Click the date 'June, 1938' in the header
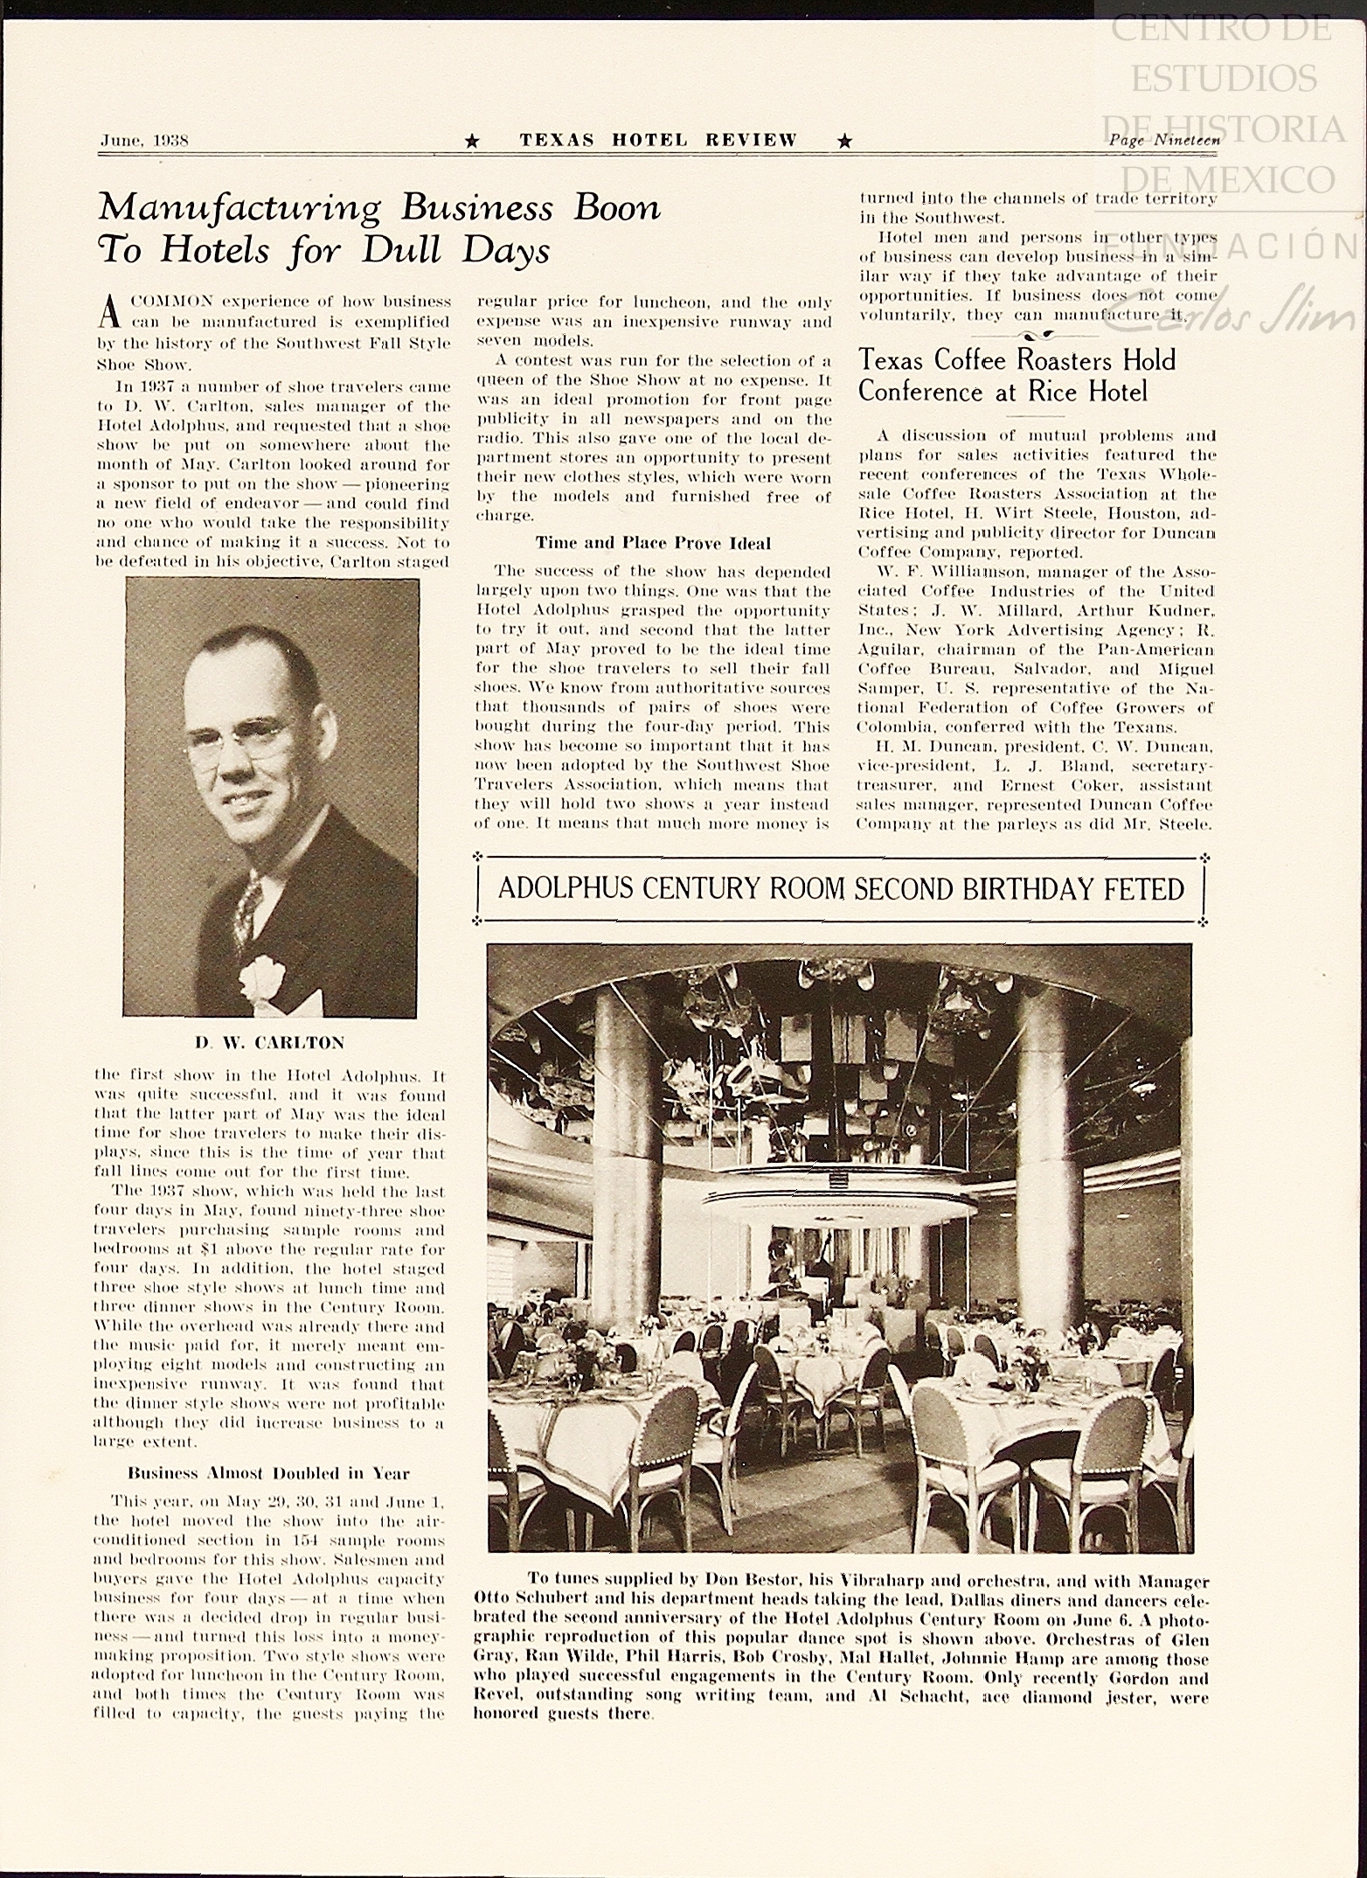tap(144, 140)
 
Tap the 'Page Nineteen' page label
tap(1162, 139)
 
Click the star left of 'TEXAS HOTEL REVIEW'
tap(472, 141)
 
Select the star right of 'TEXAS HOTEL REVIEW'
tap(844, 141)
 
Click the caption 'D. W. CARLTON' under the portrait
tap(270, 1042)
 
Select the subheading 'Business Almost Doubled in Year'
tap(269, 1473)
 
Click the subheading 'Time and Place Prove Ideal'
tap(653, 543)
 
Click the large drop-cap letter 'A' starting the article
tap(109, 311)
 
